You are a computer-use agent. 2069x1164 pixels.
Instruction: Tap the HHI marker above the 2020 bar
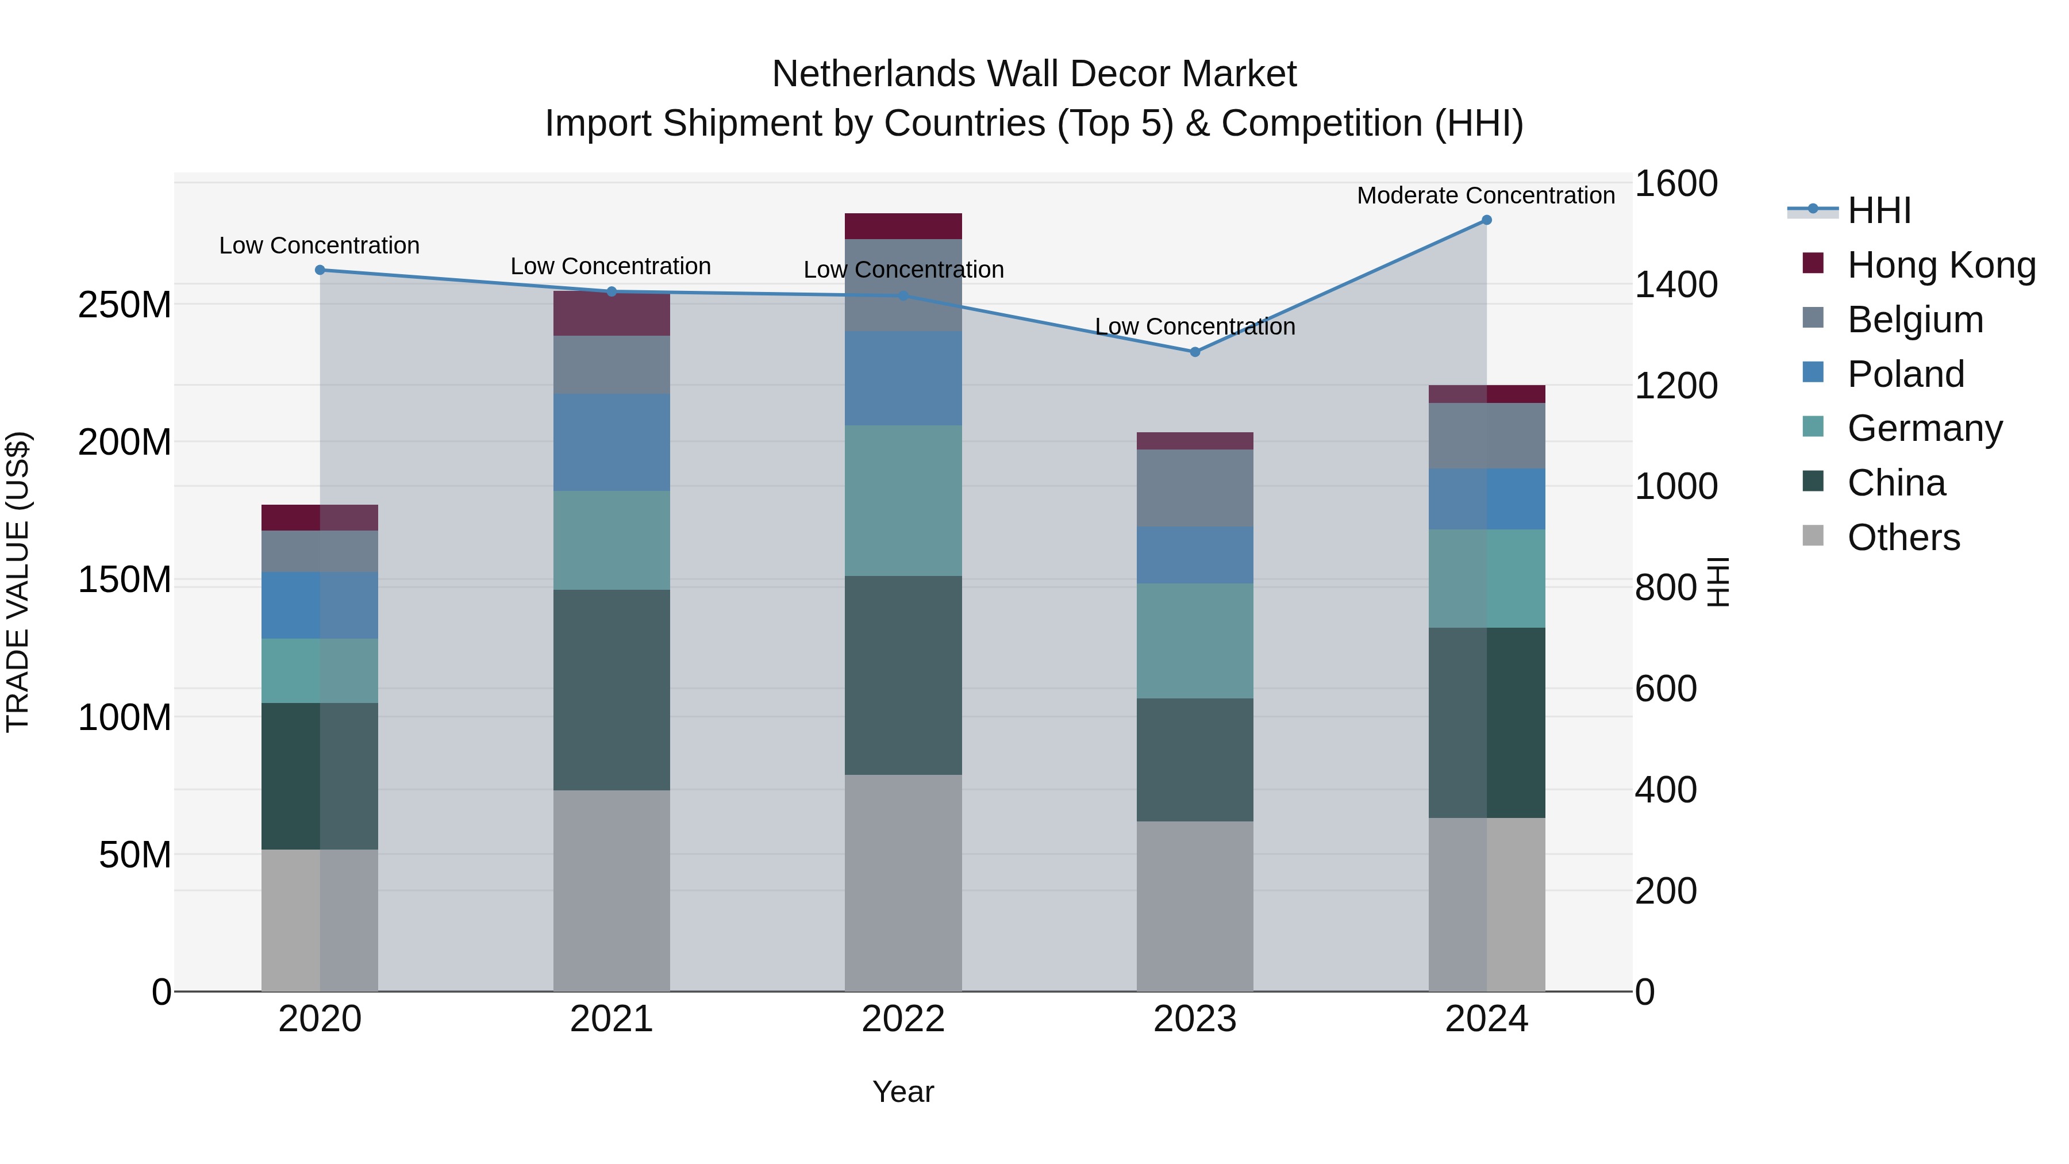coord(320,270)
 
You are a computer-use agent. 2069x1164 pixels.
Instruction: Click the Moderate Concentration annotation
coord(1485,195)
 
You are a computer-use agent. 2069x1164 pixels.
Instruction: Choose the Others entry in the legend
coord(1903,537)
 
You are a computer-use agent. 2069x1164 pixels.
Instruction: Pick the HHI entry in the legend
coord(1879,210)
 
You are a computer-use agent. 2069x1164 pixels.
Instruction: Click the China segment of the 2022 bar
coord(903,675)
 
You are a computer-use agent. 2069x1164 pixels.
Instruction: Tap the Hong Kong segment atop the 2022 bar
coord(903,226)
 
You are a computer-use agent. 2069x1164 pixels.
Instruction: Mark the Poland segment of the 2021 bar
coord(612,442)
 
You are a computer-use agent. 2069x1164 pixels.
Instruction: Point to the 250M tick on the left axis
coord(125,305)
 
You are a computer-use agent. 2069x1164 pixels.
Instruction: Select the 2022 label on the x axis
coord(903,1019)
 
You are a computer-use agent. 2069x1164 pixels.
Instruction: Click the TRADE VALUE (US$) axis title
coord(18,582)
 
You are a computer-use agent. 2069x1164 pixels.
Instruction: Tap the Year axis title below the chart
coord(903,1092)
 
